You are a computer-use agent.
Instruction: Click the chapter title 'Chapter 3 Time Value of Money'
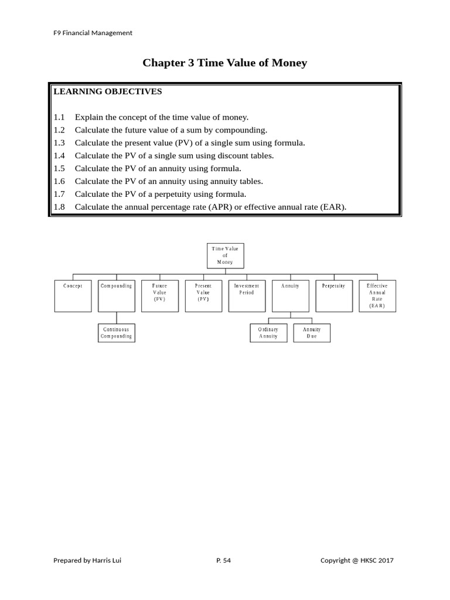point(224,63)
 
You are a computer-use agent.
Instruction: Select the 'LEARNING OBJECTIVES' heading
point(108,92)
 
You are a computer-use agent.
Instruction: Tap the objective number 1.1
point(59,117)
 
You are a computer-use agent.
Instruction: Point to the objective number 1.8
point(59,207)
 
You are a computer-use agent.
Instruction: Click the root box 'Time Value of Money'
point(225,255)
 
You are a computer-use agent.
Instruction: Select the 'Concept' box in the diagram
point(73,295)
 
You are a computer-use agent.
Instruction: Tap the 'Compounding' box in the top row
point(117,295)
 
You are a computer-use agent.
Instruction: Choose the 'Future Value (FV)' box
point(160,295)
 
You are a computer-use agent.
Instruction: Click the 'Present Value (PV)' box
point(203,295)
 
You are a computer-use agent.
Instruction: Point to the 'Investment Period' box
point(247,295)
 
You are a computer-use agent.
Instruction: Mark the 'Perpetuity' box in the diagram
point(334,295)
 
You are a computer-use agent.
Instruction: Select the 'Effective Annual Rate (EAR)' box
point(377,295)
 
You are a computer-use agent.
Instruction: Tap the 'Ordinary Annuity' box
point(268,333)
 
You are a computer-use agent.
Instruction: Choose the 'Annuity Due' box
point(312,333)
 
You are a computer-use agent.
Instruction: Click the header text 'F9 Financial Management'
point(93,33)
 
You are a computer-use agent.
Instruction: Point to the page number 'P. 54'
point(224,560)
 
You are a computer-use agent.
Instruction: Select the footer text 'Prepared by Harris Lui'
point(88,560)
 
